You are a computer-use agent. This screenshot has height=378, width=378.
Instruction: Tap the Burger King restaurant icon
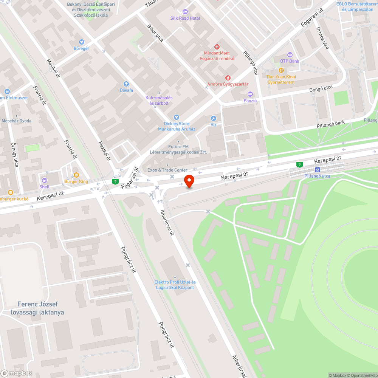click(x=76, y=175)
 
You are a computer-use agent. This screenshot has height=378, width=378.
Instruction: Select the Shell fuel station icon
click(x=45, y=180)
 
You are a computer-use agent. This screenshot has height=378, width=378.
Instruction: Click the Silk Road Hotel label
click(x=185, y=18)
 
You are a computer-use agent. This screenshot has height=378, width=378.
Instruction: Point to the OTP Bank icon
click(x=290, y=54)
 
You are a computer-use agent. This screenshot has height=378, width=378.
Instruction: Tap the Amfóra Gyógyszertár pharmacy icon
click(x=228, y=77)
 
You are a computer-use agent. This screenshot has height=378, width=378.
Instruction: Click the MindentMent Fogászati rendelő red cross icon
click(x=217, y=47)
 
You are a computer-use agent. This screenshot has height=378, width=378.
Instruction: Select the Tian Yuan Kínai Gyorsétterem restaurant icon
click(x=281, y=70)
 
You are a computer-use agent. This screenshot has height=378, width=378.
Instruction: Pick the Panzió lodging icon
click(x=250, y=94)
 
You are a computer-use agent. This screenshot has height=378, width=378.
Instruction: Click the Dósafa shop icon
click(x=126, y=84)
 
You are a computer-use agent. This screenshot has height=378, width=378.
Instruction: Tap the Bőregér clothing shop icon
click(x=81, y=42)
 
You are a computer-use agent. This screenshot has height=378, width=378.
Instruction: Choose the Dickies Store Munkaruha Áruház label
click(x=177, y=126)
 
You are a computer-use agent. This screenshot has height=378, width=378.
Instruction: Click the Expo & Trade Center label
click(x=167, y=170)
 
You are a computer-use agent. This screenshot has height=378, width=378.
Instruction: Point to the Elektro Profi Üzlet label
click(x=175, y=285)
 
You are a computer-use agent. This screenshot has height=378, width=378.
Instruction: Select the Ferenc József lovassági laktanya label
click(x=40, y=308)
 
